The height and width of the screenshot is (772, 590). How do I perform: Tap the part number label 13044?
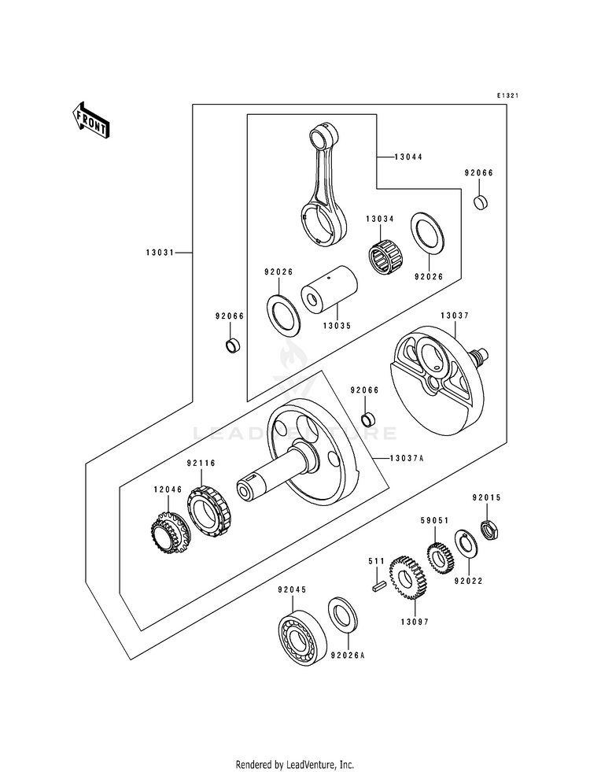(408, 157)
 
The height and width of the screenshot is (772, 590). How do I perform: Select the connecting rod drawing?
(325, 186)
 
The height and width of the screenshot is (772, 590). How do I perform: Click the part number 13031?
(160, 253)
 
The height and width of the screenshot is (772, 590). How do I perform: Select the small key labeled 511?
(378, 586)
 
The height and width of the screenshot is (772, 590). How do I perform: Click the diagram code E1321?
(507, 95)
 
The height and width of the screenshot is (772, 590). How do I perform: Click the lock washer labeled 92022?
(466, 545)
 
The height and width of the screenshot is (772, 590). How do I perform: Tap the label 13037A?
(407, 458)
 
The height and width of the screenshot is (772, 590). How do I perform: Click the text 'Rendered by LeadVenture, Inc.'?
(295, 765)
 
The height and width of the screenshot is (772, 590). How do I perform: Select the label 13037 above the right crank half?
(455, 316)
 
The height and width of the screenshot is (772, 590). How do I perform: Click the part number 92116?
(201, 464)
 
